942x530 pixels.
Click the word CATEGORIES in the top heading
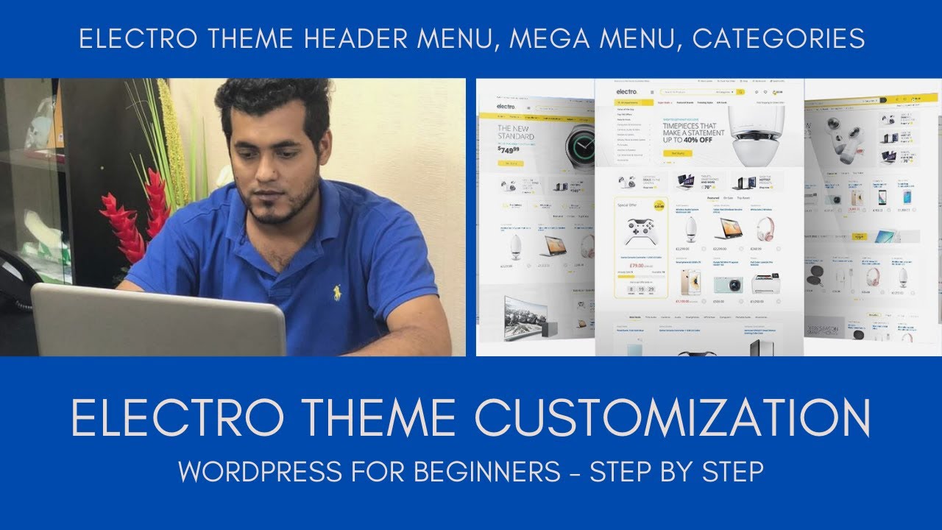point(779,39)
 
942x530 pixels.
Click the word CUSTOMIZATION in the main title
point(673,418)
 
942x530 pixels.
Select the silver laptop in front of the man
point(157,321)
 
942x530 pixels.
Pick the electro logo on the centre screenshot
point(626,92)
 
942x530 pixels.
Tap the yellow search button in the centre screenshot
point(740,92)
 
